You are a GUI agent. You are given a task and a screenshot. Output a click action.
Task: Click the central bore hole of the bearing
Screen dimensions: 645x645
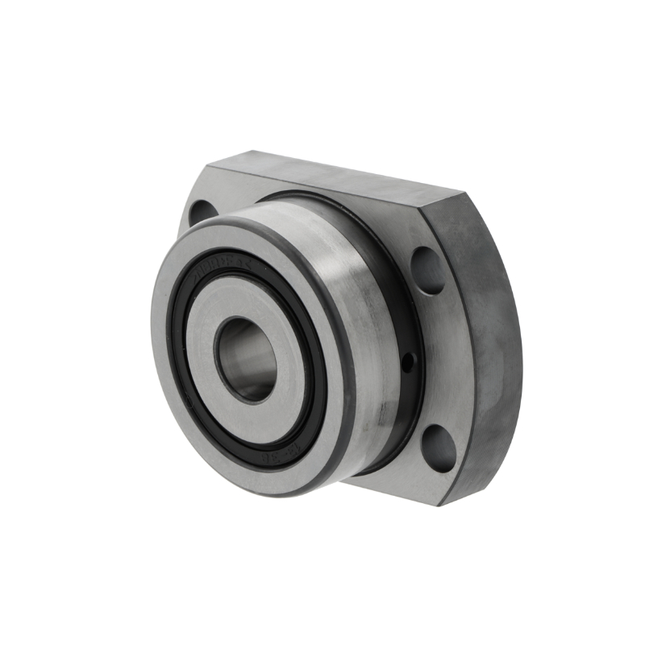(x=246, y=360)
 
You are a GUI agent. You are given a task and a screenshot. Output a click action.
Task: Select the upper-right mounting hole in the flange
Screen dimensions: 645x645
(x=428, y=270)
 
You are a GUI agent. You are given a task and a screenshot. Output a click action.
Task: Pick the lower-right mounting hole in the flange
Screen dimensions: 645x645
(x=438, y=449)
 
